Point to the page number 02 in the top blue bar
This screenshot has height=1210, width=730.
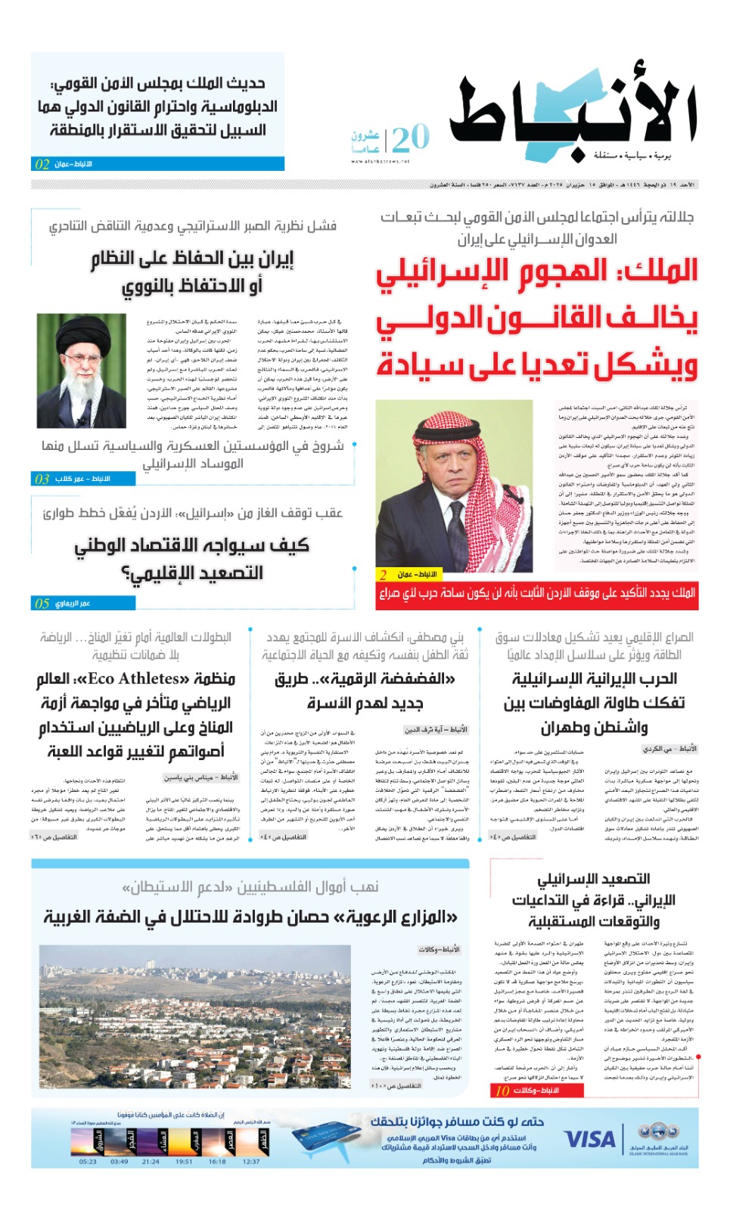(x=42, y=164)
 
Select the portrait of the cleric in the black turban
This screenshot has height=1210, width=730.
(x=81, y=371)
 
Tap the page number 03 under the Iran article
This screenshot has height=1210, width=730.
(x=42, y=479)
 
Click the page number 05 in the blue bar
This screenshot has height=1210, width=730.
(x=42, y=603)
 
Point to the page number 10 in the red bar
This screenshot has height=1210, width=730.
(x=502, y=1091)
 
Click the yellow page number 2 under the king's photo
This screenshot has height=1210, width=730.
(x=384, y=574)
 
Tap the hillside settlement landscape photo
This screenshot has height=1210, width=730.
(x=194, y=1016)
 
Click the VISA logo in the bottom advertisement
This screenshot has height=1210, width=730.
(x=590, y=1139)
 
